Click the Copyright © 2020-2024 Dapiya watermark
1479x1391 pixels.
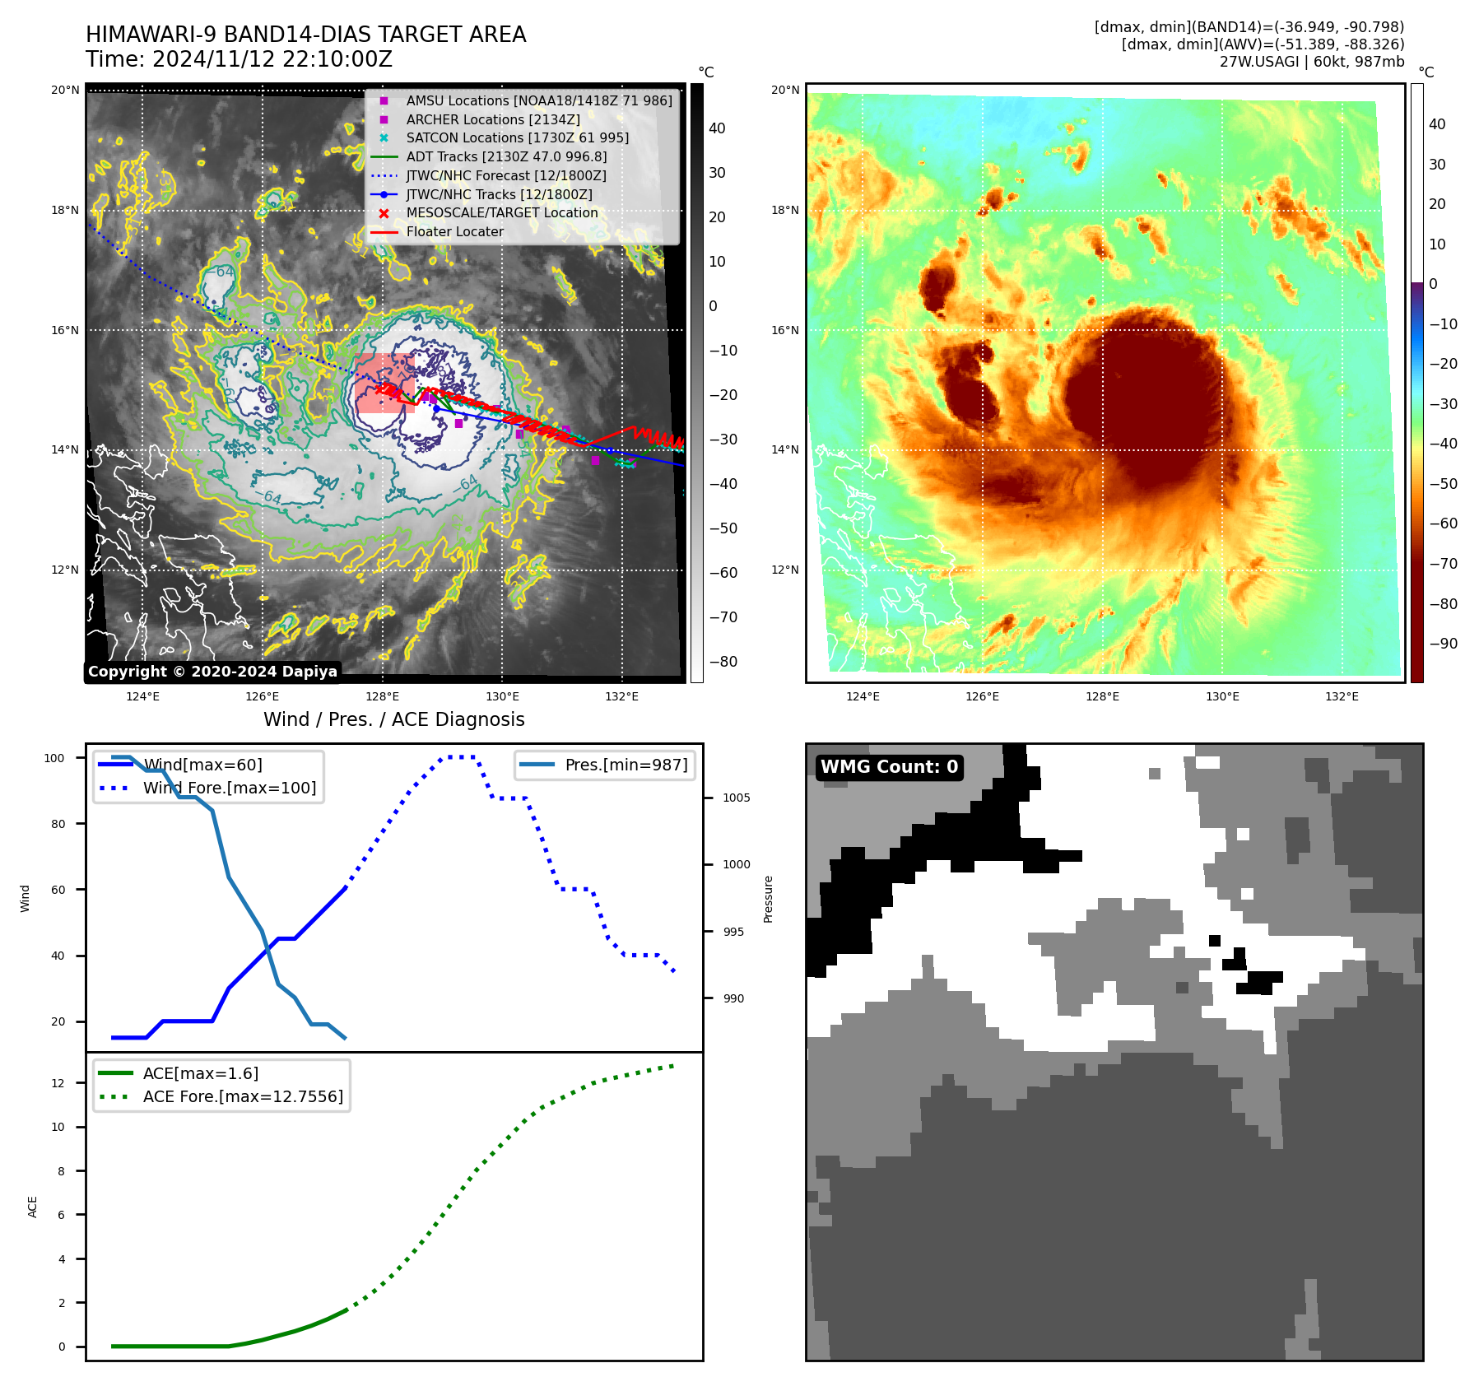(212, 672)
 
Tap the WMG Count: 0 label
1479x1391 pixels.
(889, 767)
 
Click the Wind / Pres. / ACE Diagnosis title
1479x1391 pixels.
(393, 719)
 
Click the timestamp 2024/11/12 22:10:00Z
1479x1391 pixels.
(272, 59)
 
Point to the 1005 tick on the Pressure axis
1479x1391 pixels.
(736, 798)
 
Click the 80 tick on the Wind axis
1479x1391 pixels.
(58, 824)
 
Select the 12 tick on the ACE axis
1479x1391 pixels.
(58, 1083)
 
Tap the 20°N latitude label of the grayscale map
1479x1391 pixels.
(65, 90)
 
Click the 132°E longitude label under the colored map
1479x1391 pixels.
(1342, 696)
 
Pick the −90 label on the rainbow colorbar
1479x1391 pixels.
(1443, 644)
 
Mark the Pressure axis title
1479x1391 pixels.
(768, 899)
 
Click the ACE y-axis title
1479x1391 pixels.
(33, 1207)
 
